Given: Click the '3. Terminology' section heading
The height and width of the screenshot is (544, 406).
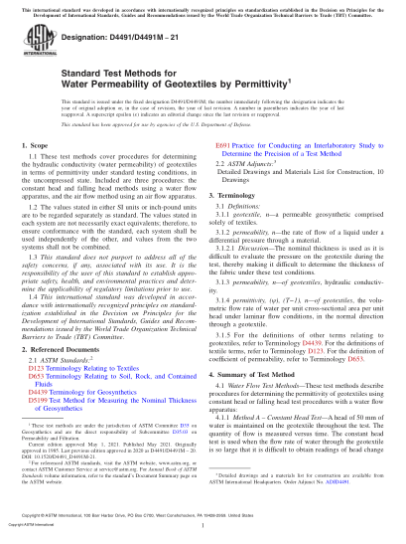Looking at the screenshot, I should coord(237,198).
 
